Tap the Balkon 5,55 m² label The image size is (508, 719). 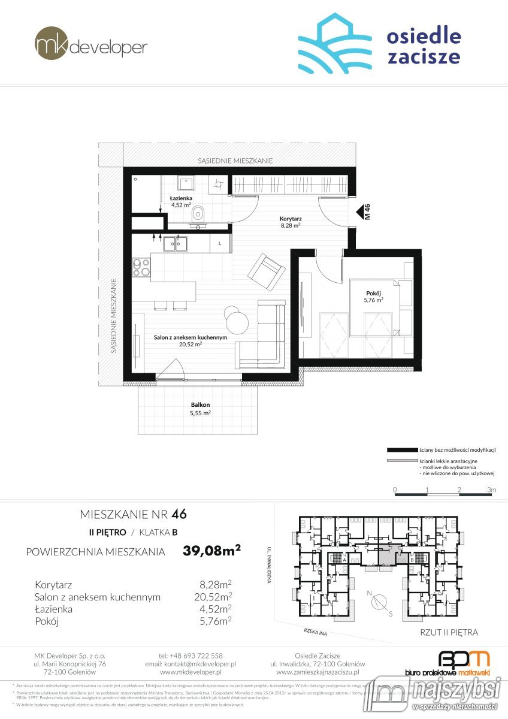pos(200,409)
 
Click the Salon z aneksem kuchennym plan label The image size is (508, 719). pos(190,341)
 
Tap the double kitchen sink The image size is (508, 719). pos(176,243)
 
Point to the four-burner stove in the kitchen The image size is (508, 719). pos(141,267)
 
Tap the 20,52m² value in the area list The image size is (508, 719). pos(216,597)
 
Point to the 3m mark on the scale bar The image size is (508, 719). pos(492,490)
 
